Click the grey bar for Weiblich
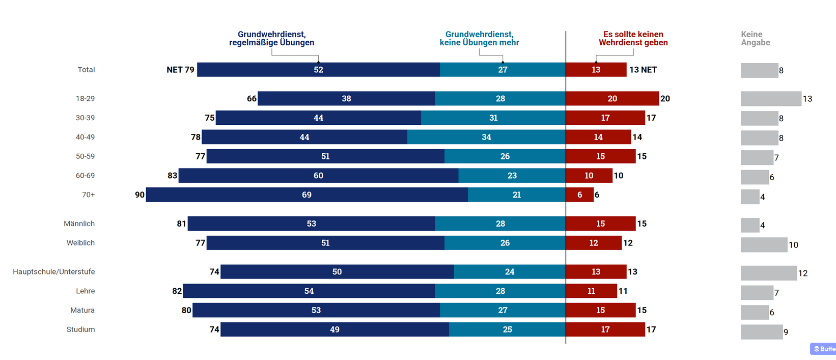(x=764, y=245)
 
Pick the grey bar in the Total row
(x=759, y=70)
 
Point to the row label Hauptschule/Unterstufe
(x=54, y=272)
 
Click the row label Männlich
(x=79, y=224)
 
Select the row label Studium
(x=80, y=329)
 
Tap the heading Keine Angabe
(x=755, y=38)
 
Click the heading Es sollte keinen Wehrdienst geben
(x=633, y=38)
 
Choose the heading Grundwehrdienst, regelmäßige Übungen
(x=271, y=38)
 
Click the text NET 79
(x=180, y=70)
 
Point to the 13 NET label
(x=643, y=70)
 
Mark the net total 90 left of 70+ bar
(x=140, y=195)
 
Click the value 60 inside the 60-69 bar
(x=318, y=176)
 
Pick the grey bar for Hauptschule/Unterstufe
(x=768, y=273)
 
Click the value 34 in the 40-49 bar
(x=486, y=137)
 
